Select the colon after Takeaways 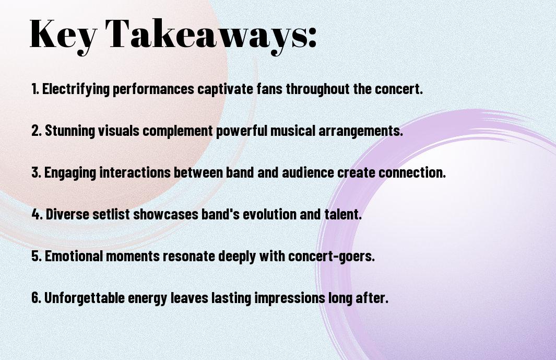312,38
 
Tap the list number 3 37,172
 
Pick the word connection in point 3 412,172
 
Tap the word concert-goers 331,256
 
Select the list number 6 37,297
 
